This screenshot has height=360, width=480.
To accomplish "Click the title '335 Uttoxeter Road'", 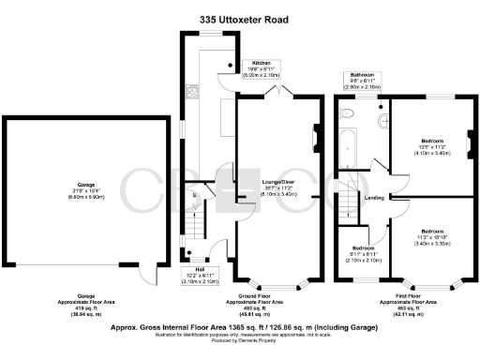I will [x=240, y=19].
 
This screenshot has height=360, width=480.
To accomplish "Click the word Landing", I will [x=373, y=198].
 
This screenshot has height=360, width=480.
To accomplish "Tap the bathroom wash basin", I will [x=382, y=123].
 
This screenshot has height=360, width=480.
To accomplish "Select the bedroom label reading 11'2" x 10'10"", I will [x=432, y=236].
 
